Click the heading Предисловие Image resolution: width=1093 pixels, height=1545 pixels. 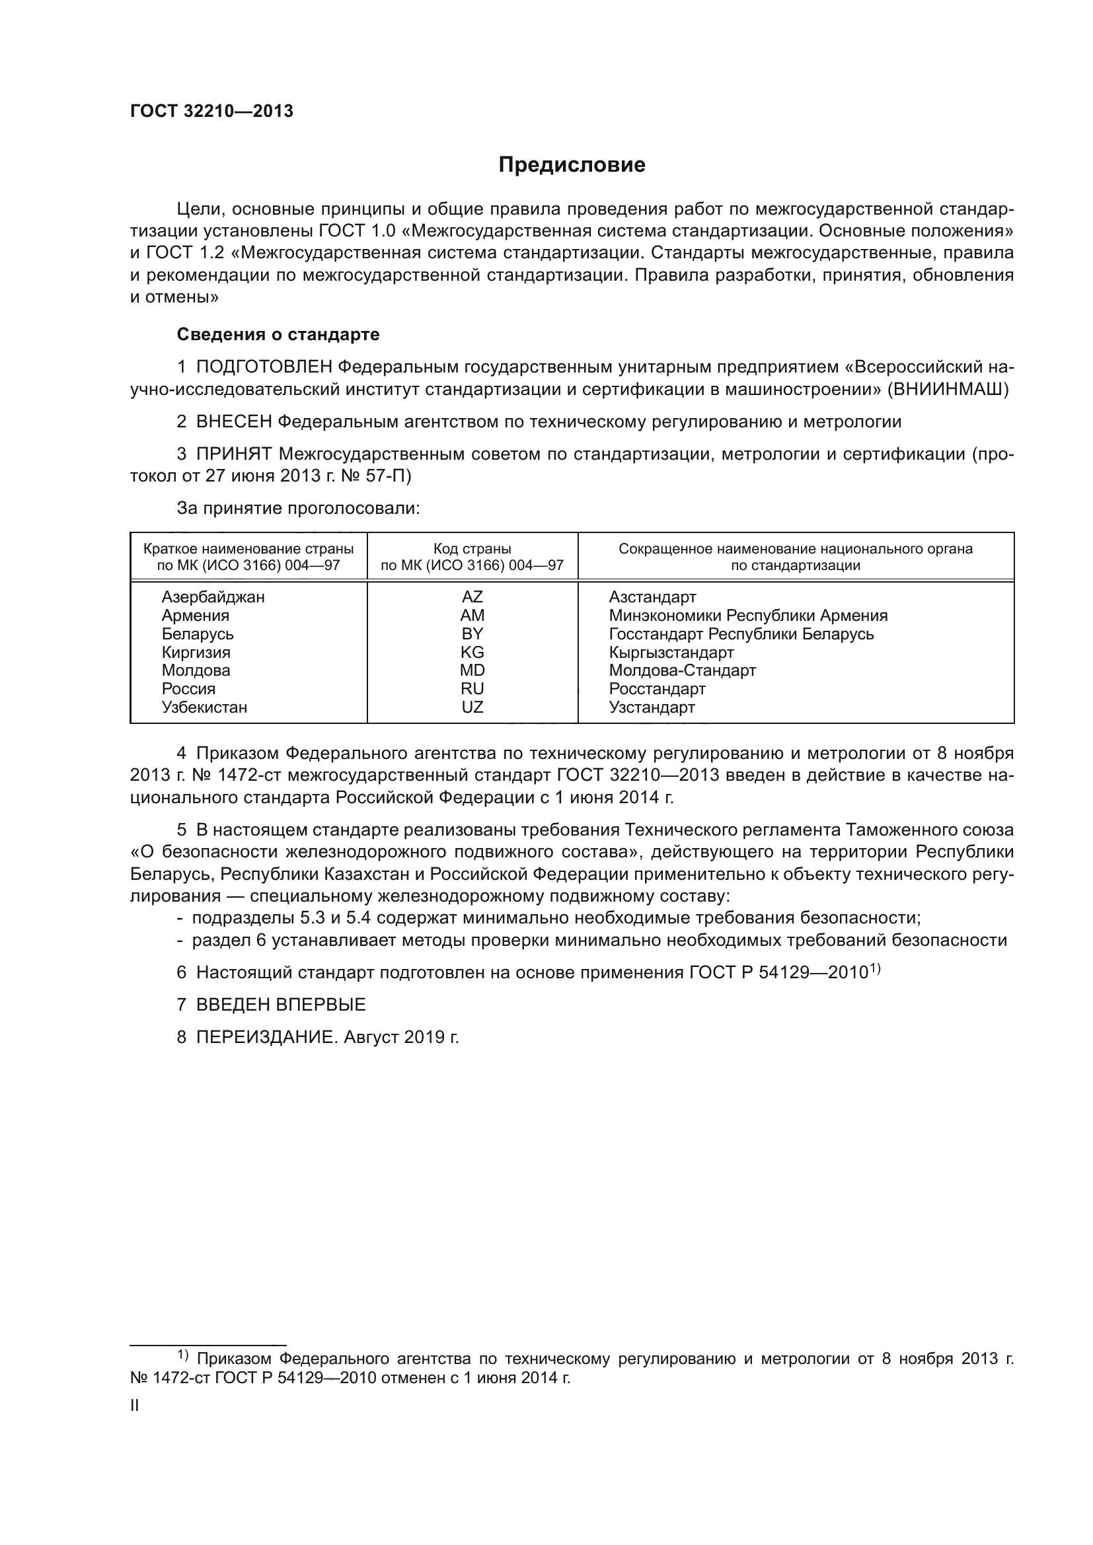572,165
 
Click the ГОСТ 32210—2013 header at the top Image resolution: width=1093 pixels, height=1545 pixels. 211,112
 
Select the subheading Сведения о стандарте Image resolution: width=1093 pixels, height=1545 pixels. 278,334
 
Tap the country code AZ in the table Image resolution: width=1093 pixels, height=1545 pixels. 472,597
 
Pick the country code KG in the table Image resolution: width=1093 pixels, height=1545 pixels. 472,652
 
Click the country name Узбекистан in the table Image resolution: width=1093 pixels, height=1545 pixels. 205,707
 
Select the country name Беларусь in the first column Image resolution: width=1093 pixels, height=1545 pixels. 198,634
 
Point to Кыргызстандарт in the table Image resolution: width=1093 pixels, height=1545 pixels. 671,652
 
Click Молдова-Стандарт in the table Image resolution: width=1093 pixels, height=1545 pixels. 683,670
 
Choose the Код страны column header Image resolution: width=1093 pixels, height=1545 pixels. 472,549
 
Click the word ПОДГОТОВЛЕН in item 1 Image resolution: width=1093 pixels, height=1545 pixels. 264,367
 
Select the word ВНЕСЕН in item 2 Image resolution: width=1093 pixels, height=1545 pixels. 233,422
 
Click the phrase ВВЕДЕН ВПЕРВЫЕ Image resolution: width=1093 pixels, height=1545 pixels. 281,1005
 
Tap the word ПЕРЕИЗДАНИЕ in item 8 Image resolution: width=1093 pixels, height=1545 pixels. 265,1037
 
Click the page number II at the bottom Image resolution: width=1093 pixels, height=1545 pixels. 135,1406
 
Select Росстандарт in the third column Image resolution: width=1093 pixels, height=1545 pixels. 657,689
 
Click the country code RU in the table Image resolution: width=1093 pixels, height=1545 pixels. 472,689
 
